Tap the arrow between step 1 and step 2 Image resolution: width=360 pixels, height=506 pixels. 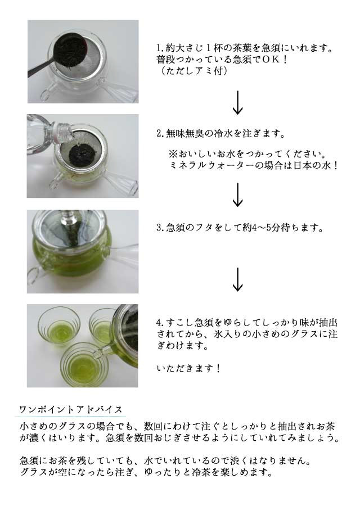click(x=237, y=103)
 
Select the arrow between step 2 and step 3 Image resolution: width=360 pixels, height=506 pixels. click(x=237, y=195)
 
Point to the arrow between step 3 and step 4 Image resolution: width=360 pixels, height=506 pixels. click(x=237, y=279)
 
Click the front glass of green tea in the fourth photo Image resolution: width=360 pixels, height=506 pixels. click(x=82, y=364)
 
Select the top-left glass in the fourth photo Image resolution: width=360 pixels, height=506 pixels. click(x=58, y=326)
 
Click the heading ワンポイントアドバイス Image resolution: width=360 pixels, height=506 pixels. click(x=71, y=409)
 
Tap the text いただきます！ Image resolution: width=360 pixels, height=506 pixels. click(x=188, y=368)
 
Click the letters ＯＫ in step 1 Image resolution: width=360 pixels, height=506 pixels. click(x=271, y=60)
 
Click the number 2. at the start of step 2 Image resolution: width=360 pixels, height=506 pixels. click(x=160, y=133)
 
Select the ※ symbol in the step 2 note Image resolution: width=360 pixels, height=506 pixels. click(x=173, y=153)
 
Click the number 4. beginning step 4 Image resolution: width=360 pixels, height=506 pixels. click(x=160, y=322)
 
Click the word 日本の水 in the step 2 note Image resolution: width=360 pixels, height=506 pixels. click(x=313, y=165)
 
